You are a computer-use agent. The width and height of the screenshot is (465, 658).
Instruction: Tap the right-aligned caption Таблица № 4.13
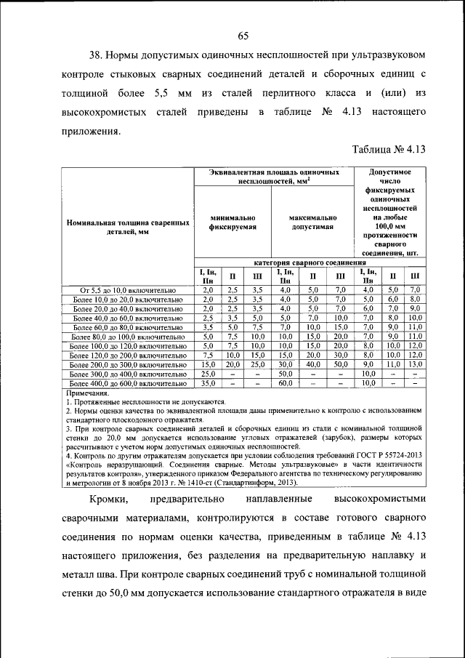[x=388, y=151]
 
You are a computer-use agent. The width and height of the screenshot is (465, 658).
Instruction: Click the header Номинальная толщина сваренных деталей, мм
[x=128, y=227]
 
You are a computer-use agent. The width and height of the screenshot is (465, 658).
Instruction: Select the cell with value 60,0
[x=285, y=382]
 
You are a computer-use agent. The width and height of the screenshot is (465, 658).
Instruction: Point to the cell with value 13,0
[x=414, y=364]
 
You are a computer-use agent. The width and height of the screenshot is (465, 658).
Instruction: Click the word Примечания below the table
[x=86, y=393]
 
